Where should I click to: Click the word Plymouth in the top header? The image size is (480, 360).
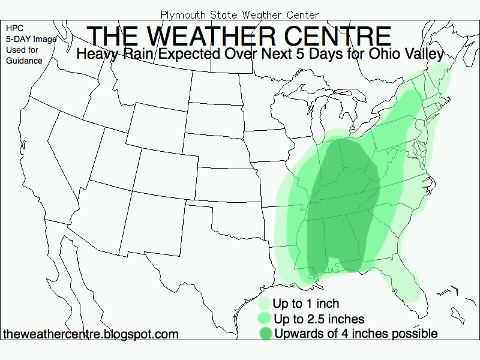pyautogui.click(x=181, y=14)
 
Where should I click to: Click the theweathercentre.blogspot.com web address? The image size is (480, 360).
pyautogui.click(x=91, y=334)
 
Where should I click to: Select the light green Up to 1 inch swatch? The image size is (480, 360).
pyautogui.click(x=263, y=303)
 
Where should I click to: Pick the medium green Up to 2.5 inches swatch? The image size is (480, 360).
pyautogui.click(x=263, y=318)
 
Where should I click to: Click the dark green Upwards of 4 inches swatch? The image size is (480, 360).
pyautogui.click(x=263, y=333)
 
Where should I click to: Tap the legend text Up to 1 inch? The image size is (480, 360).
pyautogui.click(x=305, y=304)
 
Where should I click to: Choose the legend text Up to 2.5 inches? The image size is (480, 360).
pyautogui.click(x=319, y=319)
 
